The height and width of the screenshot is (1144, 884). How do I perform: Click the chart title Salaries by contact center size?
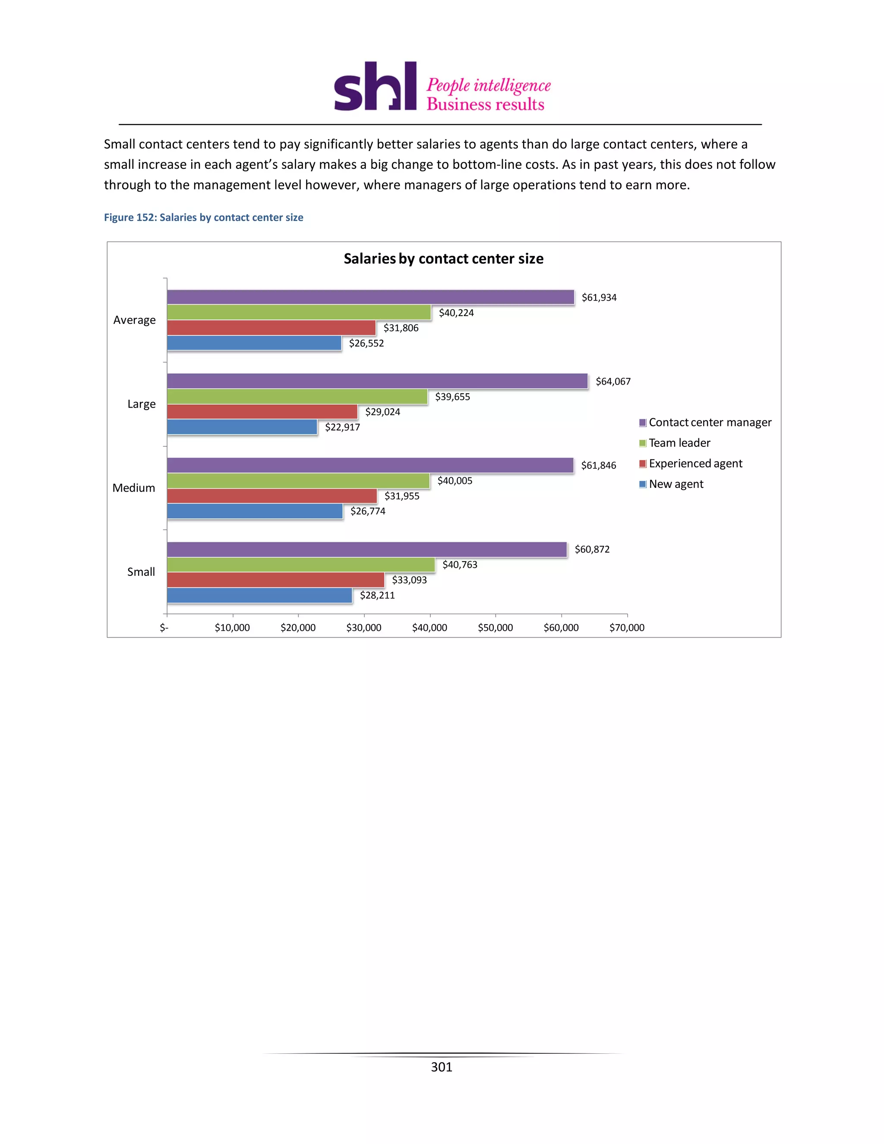[443, 259]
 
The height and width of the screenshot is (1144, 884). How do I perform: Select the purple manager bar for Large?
[377, 381]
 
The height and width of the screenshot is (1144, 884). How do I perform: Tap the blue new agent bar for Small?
[259, 596]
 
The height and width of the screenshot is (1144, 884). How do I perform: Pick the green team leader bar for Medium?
[298, 481]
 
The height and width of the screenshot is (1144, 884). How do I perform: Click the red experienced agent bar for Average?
[271, 328]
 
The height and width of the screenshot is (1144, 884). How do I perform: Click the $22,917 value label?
[342, 427]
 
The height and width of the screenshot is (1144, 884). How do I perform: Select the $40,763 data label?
[459, 565]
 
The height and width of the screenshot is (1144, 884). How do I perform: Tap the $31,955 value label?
[402, 496]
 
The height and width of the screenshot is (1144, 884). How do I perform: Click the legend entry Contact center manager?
[710, 423]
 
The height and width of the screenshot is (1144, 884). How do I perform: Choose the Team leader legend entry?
[679, 443]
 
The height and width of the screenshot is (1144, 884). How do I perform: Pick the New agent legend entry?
[676, 484]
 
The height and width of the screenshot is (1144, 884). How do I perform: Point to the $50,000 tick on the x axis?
[495, 628]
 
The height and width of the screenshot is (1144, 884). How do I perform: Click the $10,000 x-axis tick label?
[232, 628]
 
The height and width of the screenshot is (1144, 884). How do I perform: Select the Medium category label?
[133, 488]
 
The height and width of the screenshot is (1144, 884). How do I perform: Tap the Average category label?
[134, 320]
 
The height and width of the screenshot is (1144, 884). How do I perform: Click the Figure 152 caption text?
[203, 218]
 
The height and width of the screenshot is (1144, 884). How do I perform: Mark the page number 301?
[441, 1067]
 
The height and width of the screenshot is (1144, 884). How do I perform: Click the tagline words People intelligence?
[488, 85]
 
